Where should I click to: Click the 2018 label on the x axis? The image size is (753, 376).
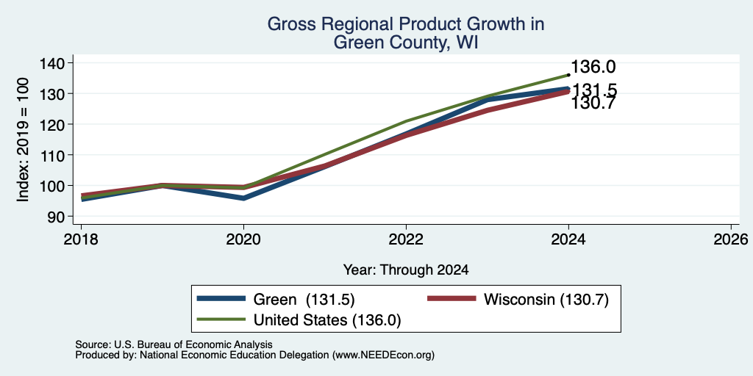[81, 239]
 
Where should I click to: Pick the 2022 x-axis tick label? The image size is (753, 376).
[406, 239]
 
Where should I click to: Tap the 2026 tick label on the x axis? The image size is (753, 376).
[731, 239]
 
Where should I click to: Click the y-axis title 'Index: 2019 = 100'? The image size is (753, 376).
[23, 140]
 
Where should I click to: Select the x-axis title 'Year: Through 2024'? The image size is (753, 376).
[406, 270]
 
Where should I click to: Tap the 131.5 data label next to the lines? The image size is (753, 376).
[594, 90]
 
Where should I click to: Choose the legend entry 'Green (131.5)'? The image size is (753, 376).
[304, 300]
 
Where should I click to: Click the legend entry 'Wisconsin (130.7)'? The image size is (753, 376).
[546, 300]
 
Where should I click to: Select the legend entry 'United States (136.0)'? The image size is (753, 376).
[327, 320]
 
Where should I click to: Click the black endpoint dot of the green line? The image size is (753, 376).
[568, 75]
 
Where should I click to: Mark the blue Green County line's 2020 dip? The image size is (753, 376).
[244, 198]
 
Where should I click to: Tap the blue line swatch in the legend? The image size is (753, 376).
[221, 299]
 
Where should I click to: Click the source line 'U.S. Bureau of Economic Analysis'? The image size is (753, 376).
[193, 344]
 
